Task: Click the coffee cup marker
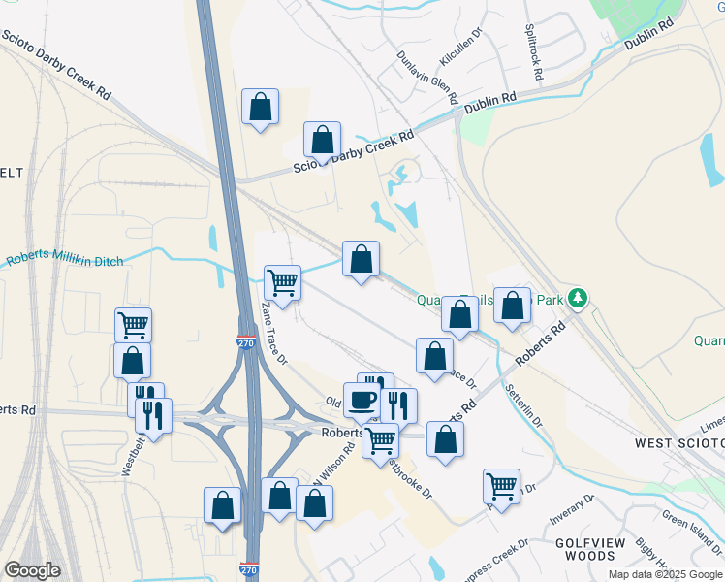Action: tap(362, 399)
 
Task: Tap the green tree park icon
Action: tap(579, 297)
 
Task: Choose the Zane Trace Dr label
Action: tap(274, 332)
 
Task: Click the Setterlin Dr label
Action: tap(523, 406)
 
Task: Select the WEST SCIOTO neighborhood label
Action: tap(679, 442)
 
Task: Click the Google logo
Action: tap(32, 570)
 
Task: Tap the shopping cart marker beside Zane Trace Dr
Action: tap(282, 282)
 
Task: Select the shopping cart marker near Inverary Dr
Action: tap(501, 485)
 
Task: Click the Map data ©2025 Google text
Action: tap(664, 574)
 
